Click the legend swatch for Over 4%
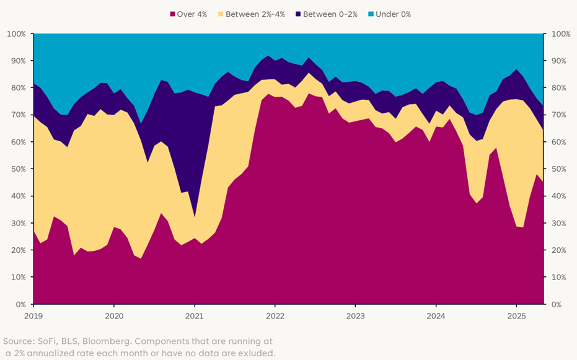click(x=172, y=14)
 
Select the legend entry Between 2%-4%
click(x=255, y=14)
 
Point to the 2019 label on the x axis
click(x=33, y=315)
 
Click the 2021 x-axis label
click(x=195, y=315)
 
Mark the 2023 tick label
click(x=355, y=315)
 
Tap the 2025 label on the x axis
click(x=516, y=315)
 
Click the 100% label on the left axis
click(x=16, y=33)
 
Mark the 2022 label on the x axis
click(x=275, y=315)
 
